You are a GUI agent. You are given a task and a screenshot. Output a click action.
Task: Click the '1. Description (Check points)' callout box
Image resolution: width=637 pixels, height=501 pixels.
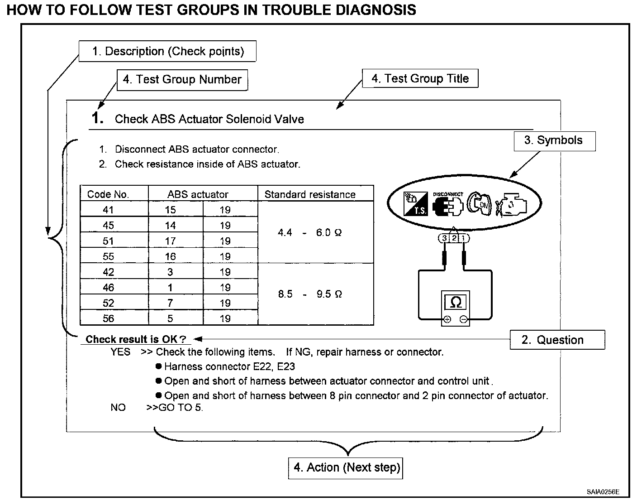[x=167, y=52]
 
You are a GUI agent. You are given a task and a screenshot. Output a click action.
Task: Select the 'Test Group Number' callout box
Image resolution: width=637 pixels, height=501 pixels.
[x=182, y=80]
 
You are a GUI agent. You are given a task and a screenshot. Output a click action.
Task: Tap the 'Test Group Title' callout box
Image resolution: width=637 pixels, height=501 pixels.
[x=420, y=79]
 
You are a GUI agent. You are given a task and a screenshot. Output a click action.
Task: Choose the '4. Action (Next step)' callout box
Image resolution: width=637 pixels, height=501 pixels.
[x=345, y=468]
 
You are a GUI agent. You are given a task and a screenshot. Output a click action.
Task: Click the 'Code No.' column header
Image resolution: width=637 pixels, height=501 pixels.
[x=108, y=194]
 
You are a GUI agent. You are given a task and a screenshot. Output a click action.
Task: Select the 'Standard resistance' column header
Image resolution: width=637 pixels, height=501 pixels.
[x=310, y=194]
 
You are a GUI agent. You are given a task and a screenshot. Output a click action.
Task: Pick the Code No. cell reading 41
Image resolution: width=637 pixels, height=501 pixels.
[x=108, y=210]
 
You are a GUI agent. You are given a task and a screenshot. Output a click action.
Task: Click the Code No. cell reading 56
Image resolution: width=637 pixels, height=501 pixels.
[x=108, y=318]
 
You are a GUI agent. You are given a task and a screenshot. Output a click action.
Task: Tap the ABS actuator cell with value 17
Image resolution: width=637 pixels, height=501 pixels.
[x=170, y=241]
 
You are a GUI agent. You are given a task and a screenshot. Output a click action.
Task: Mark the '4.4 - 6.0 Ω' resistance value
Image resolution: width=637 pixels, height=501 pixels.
[x=310, y=233]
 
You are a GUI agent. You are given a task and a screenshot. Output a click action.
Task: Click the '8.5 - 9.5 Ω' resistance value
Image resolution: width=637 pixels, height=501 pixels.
[x=310, y=294]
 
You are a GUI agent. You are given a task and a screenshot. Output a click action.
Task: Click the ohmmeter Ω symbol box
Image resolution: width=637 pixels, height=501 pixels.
[x=455, y=302]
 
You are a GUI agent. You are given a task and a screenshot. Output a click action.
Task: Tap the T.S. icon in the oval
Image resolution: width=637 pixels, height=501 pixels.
[x=415, y=203]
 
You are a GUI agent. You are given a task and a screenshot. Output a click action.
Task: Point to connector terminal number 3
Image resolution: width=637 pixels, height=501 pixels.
[x=444, y=238]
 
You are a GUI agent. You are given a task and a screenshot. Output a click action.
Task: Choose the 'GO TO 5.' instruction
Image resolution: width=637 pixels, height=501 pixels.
[x=175, y=408]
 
